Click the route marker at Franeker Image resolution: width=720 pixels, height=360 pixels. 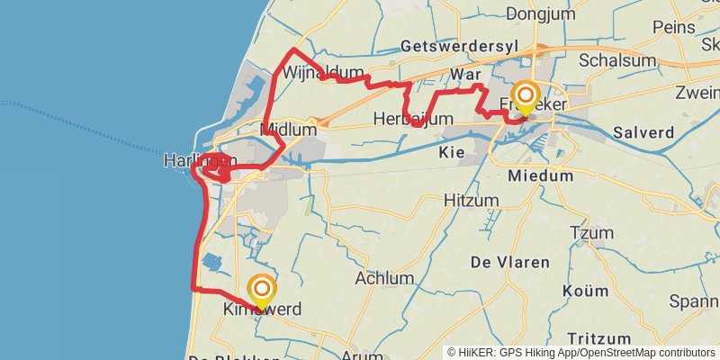(526, 95)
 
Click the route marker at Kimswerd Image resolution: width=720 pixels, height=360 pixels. (262, 290)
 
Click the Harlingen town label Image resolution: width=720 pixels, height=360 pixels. (199, 160)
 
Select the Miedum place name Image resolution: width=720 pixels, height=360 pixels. (540, 176)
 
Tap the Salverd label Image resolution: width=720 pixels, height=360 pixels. (643, 132)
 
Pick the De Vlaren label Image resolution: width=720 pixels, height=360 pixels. (509, 262)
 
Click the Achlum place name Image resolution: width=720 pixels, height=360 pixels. (384, 278)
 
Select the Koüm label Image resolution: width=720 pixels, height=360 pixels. (585, 291)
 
